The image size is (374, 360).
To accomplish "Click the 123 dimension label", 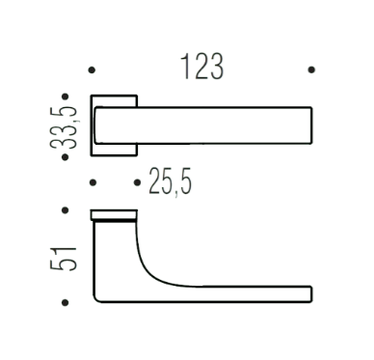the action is coord(202,67).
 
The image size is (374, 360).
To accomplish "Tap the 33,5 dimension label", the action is coord(64,126).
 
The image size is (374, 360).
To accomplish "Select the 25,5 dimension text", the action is coord(171,182).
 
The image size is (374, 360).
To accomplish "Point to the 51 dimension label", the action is coord(64,259).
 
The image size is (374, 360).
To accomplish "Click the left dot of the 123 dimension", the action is coord(92,69).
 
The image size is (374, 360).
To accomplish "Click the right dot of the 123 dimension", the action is coord(311,69).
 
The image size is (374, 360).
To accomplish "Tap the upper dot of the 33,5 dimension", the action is coord(66,97).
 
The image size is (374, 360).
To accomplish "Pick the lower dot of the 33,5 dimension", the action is coord(66,157).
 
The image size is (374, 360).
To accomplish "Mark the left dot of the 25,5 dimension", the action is coord(93,182).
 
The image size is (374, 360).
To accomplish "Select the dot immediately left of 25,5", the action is coord(137,182).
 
